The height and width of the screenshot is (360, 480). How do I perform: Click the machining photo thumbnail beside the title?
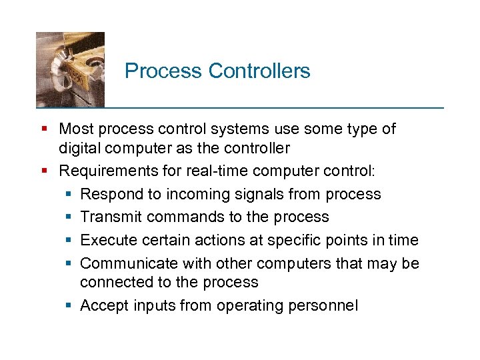point(70,69)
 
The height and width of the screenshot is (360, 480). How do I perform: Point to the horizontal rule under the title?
point(240,107)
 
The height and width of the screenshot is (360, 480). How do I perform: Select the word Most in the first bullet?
point(75,129)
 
